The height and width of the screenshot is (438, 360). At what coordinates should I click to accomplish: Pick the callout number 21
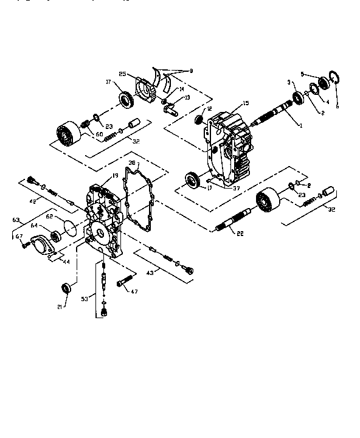click(x=59, y=307)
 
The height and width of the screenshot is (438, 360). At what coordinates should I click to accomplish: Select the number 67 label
click(x=19, y=237)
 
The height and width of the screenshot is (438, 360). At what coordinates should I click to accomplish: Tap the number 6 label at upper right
click(x=337, y=106)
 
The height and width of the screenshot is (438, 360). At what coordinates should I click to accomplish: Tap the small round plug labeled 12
click(x=198, y=120)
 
